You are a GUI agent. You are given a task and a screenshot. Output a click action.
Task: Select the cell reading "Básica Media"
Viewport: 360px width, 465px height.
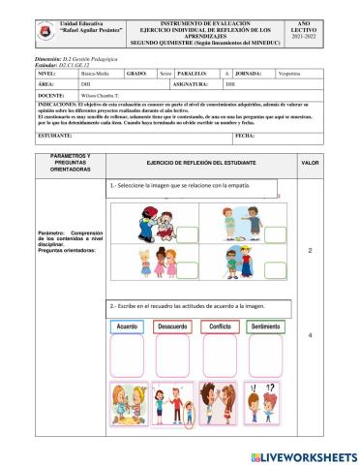[96, 73]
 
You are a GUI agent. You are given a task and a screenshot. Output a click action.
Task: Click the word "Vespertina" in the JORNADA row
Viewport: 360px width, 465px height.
[290, 73]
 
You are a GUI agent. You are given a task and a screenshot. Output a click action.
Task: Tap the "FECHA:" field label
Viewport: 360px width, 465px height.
[244, 137]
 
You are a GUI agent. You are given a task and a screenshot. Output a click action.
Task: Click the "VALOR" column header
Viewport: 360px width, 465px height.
[310, 164]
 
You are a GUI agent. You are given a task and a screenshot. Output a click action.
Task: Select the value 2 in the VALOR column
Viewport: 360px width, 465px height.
[310, 251]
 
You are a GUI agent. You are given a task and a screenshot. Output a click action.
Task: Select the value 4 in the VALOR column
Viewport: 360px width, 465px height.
[310, 335]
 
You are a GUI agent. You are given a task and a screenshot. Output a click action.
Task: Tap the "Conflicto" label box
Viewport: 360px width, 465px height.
[220, 327]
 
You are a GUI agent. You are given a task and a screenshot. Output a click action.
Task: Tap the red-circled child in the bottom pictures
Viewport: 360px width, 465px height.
[189, 418]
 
